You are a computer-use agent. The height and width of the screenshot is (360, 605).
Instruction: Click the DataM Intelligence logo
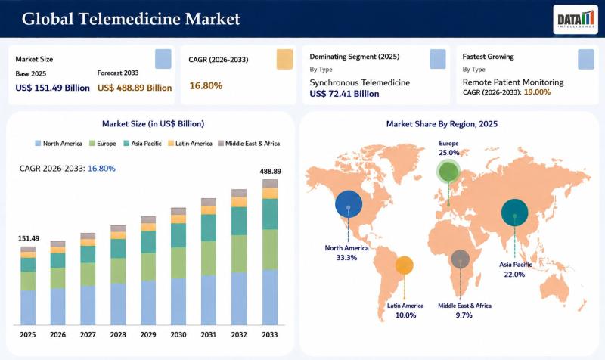[x=576, y=20]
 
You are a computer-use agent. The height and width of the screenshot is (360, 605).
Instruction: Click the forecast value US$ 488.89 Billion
[x=135, y=88]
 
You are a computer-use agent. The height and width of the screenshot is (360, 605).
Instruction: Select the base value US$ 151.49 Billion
[x=52, y=88]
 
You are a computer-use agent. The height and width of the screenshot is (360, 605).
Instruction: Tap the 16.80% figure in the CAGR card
[x=206, y=85]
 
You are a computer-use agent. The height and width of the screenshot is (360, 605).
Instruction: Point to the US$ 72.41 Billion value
[x=344, y=94]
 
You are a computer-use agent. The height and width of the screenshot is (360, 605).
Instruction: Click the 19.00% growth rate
[x=537, y=92]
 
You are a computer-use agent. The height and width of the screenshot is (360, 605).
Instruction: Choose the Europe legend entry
[x=103, y=144]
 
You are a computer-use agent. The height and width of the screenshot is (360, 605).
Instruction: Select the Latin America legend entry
[x=191, y=144]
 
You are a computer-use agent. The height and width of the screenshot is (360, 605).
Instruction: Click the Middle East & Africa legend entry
[x=249, y=144]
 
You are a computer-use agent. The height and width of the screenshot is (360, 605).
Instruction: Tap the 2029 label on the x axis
[x=148, y=334]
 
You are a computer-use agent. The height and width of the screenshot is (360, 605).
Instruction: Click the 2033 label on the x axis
[x=270, y=334]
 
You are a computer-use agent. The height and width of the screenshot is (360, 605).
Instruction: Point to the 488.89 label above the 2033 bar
[x=270, y=172]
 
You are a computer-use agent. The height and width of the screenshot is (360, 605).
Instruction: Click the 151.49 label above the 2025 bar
[x=29, y=238]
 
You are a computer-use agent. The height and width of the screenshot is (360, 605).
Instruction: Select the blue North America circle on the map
[x=349, y=204]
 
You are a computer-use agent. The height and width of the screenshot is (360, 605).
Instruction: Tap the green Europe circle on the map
[x=448, y=172]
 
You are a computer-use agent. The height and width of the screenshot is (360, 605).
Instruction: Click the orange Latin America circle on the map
[x=404, y=265]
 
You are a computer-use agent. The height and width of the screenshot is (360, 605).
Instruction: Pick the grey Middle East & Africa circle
[x=461, y=259]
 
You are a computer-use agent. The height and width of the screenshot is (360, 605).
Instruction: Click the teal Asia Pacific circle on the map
[x=515, y=213]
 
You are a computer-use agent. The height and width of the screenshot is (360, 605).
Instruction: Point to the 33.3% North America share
[x=346, y=258]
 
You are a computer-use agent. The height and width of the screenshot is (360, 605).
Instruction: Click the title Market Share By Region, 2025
[x=442, y=124]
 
